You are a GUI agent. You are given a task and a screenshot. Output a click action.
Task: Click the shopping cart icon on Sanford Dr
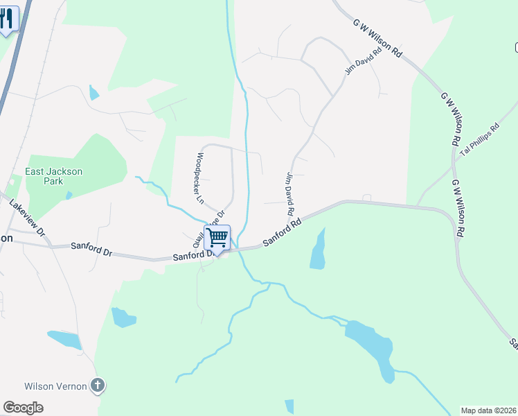point(217,239)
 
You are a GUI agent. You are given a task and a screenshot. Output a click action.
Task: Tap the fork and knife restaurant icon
point(8,19)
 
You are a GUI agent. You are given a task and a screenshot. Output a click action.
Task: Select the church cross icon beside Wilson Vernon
point(98,385)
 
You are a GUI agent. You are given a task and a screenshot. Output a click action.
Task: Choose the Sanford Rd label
point(282,233)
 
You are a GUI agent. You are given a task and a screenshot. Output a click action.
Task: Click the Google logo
point(23,408)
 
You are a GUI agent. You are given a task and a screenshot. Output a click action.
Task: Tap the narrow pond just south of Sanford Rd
point(318,250)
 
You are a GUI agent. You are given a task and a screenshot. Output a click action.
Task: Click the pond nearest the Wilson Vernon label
point(64,339)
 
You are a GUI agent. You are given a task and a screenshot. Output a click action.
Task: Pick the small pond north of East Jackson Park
point(93,92)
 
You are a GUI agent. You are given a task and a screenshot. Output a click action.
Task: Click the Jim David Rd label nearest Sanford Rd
point(289,193)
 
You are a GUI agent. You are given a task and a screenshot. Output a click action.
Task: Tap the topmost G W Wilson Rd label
point(377,37)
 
